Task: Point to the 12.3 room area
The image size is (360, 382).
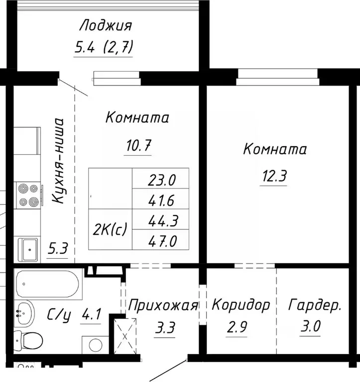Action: click(x=273, y=176)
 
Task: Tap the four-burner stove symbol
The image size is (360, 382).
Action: click(x=27, y=195)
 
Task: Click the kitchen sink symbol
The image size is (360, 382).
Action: click(x=29, y=248)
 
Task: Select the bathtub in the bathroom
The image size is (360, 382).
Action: click(x=47, y=284)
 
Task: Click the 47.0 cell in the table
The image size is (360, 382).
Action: click(x=161, y=241)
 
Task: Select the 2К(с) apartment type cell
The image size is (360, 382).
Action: click(x=111, y=229)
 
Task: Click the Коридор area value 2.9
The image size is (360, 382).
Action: click(x=237, y=328)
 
